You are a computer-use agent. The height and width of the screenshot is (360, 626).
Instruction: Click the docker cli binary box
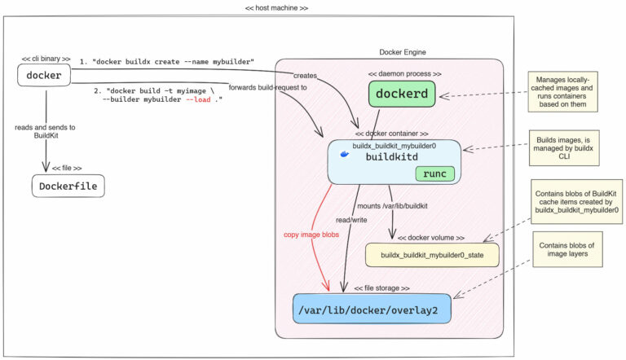(x=44, y=76)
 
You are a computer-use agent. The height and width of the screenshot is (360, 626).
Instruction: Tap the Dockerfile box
(x=68, y=187)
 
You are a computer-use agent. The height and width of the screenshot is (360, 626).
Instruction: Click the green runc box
(x=435, y=173)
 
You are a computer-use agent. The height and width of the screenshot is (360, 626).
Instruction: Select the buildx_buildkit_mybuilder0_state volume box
(x=431, y=255)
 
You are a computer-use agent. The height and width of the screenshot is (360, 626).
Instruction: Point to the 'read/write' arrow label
(x=353, y=220)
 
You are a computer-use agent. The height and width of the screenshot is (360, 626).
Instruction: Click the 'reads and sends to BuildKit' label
(x=46, y=132)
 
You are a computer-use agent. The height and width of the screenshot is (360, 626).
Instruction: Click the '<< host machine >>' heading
(x=276, y=7)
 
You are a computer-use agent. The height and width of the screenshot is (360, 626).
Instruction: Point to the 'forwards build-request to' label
(x=267, y=87)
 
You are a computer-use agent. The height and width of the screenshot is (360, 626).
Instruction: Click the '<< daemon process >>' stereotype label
(x=404, y=73)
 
